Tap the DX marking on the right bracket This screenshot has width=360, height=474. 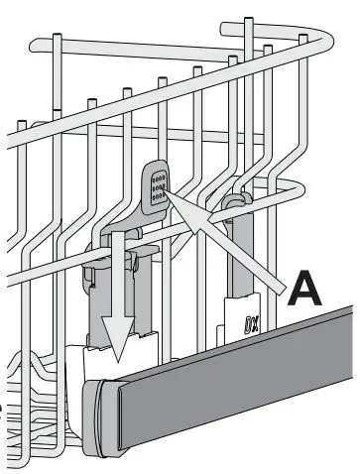[252, 324]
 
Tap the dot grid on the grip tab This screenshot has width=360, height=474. [156, 186]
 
